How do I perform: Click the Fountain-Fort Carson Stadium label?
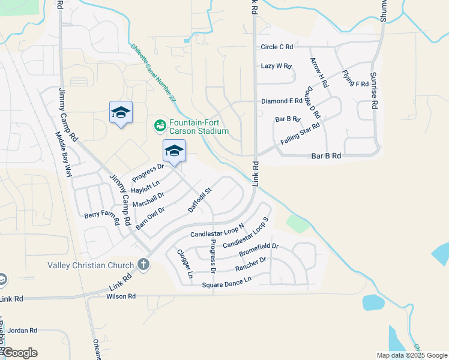pyautogui.click(x=199, y=126)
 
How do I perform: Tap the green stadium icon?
pyautogui.click(x=160, y=125)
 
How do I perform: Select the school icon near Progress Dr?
pyautogui.click(x=174, y=151)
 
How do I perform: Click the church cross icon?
pyautogui.click(x=143, y=264)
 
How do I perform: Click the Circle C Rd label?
pyautogui.click(x=277, y=47)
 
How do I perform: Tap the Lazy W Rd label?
pyautogui.click(x=276, y=66)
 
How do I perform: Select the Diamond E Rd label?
pyautogui.click(x=282, y=101)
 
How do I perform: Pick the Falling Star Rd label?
pyautogui.click(x=300, y=133)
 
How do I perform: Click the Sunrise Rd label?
pyautogui.click(x=374, y=91)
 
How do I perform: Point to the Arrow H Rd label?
pyautogui.click(x=319, y=73)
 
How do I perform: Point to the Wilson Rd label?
pyautogui.click(x=121, y=296)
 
